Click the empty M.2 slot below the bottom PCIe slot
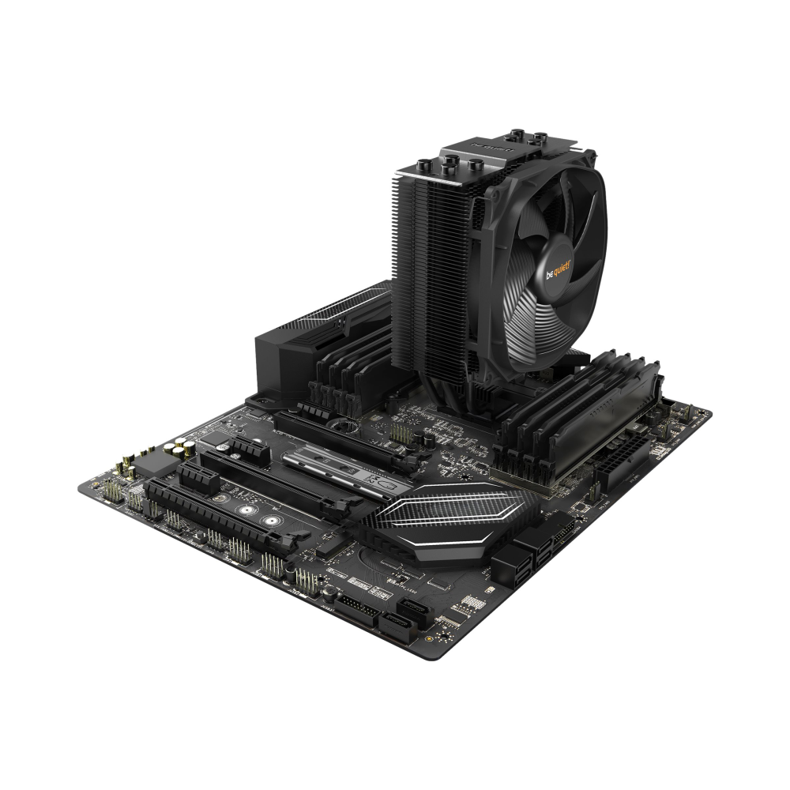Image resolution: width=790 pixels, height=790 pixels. click(336, 547)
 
